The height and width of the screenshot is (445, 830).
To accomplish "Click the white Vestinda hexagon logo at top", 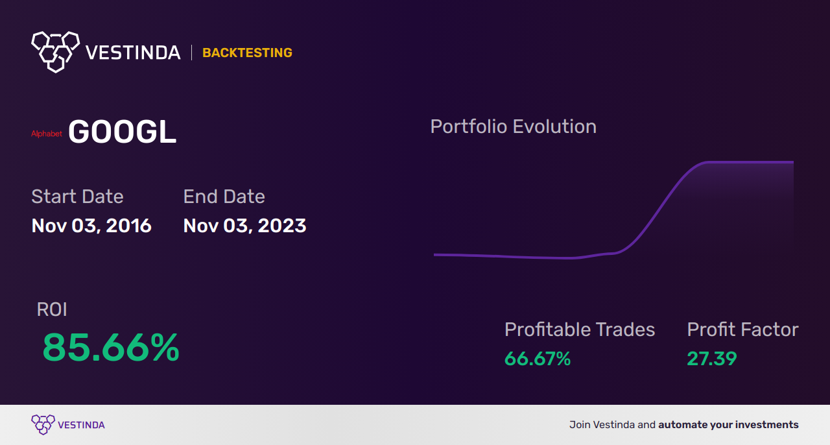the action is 56,52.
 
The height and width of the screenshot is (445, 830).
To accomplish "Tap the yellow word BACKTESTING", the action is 247,53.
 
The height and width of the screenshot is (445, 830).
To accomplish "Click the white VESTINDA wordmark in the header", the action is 133,53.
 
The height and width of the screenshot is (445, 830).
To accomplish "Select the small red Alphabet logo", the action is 47,134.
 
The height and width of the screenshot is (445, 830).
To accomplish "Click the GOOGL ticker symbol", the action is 122,132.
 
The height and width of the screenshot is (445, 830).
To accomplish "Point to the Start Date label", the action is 77,197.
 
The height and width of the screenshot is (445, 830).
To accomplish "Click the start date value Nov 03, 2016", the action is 91,226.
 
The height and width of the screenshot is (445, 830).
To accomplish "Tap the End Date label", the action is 224,197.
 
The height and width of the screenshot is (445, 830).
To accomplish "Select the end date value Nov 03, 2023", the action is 245,226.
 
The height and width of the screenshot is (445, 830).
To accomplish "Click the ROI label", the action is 52,309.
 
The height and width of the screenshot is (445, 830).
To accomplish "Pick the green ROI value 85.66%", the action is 111,347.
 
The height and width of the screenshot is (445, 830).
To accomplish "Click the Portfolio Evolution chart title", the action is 514,127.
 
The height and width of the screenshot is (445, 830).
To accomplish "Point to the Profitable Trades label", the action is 580,330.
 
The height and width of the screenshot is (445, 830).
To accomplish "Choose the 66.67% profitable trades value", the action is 538,359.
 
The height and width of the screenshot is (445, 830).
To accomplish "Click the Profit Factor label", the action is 742,330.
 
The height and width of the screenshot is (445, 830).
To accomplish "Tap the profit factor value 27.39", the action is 712,359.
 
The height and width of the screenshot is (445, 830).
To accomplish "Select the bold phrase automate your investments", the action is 728,425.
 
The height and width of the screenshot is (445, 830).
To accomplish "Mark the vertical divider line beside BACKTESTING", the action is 191,53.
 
